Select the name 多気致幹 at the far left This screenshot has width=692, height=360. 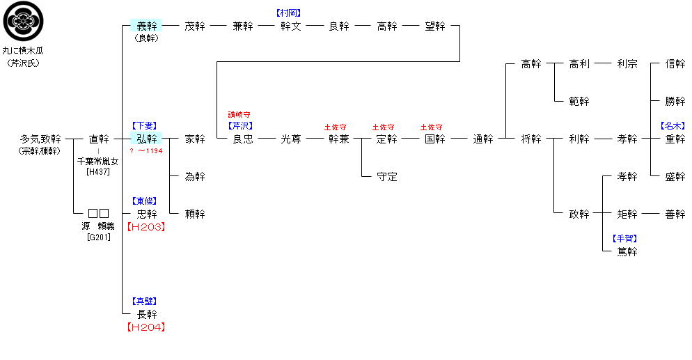pyautogui.click(x=40, y=139)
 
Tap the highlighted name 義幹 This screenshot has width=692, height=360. pyautogui.click(x=146, y=26)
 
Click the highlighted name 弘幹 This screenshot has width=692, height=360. pyautogui.click(x=146, y=139)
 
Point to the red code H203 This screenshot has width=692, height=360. pyautogui.click(x=146, y=227)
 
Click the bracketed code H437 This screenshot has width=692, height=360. pyautogui.click(x=98, y=172)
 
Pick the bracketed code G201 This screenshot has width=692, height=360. pyautogui.click(x=98, y=237)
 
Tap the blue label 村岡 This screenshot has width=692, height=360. pyautogui.click(x=290, y=13)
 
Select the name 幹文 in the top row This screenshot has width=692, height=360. pyautogui.click(x=291, y=26)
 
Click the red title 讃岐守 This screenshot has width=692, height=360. pyautogui.click(x=239, y=114)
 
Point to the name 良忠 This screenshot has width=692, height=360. pyautogui.click(x=243, y=139)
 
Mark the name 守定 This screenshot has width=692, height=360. pyautogui.click(x=386, y=177)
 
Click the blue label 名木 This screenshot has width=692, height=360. pyautogui.click(x=673, y=126)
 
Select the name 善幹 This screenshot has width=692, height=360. pyautogui.click(x=675, y=214)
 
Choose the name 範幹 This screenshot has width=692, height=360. pyautogui.click(x=579, y=102)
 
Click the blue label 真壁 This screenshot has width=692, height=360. pyautogui.click(x=146, y=302)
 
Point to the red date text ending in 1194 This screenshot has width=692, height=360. pyautogui.click(x=146, y=151)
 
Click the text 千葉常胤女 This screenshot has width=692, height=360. pyautogui.click(x=98, y=162)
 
